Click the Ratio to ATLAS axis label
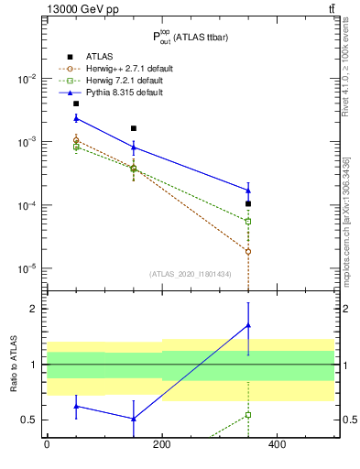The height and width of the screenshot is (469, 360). click(x=14, y=364)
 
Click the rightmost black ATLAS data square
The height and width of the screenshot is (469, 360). click(x=248, y=203)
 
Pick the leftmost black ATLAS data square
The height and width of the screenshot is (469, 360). click(x=76, y=104)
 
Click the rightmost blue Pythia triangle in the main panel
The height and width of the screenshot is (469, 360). click(x=248, y=191)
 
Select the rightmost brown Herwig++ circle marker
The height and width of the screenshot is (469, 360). click(x=248, y=251)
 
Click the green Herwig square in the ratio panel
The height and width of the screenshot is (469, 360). click(x=248, y=415)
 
